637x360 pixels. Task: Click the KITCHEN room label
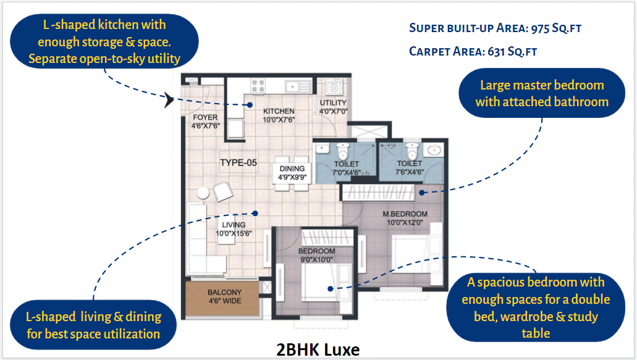point(279,111)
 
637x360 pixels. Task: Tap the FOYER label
point(205,117)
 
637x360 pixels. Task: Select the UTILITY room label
point(333,103)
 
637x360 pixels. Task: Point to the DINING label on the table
point(292,169)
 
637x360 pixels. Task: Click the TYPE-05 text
point(238,163)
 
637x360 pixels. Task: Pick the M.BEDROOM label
point(405,214)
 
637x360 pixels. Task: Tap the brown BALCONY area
point(222,298)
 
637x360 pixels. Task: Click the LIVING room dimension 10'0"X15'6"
point(234,233)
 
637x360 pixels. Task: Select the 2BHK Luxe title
point(318,350)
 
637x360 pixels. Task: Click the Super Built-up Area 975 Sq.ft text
point(496,28)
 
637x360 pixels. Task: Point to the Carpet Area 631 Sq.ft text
point(473,51)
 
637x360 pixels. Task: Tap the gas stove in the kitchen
point(258,85)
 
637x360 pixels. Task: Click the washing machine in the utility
point(334,88)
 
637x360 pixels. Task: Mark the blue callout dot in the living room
point(255,213)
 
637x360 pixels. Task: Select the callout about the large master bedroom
point(542,93)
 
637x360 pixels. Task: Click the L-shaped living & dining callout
point(93,325)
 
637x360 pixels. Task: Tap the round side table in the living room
point(203,193)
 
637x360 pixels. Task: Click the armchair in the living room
point(222,191)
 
